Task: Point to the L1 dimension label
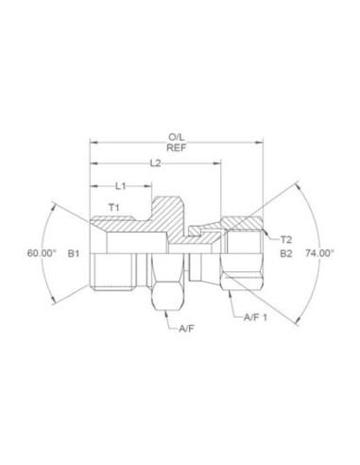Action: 122,185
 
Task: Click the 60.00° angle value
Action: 43,252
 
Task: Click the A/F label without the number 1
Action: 187,329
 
